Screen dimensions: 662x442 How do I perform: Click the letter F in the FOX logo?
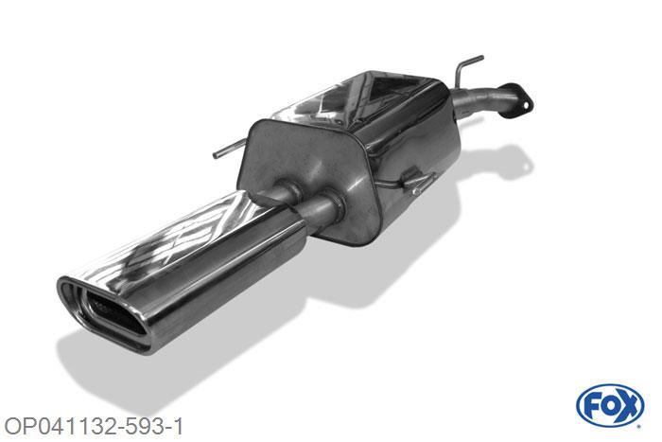click(x=591, y=406)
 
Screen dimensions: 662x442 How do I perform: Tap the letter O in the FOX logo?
click(x=607, y=406)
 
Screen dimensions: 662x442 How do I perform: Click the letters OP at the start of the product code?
click(x=18, y=426)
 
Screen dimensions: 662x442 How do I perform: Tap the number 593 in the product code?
click(x=143, y=426)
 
